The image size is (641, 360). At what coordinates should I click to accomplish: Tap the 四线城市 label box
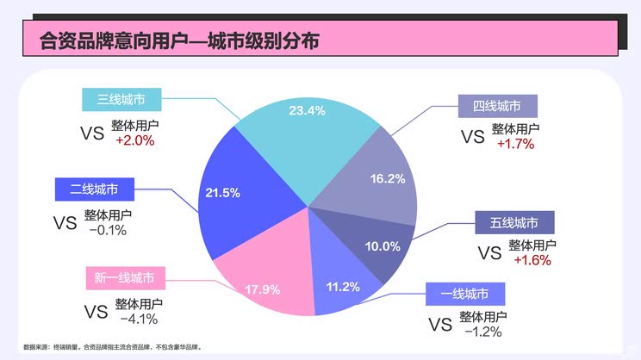[497, 106]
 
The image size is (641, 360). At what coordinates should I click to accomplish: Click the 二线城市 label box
[94, 189]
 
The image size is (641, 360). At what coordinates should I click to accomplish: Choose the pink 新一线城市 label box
[124, 277]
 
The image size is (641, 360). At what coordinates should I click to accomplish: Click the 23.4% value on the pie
[307, 110]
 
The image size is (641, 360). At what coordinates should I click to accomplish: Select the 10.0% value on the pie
[383, 246]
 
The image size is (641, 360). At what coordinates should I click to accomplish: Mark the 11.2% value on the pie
[343, 287]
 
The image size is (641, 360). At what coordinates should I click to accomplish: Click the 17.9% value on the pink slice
[263, 289]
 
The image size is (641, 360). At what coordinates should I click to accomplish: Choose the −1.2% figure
[482, 332]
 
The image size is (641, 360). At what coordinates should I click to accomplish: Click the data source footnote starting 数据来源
[113, 347]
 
